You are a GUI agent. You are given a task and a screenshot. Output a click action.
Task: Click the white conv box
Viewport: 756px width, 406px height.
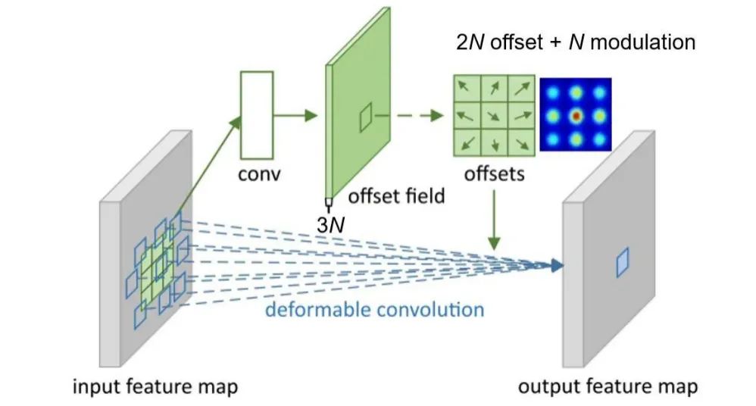pos(255,114)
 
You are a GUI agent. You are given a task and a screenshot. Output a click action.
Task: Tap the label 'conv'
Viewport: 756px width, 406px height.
pos(258,175)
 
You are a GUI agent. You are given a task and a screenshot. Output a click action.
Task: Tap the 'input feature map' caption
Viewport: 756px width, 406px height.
pos(155,387)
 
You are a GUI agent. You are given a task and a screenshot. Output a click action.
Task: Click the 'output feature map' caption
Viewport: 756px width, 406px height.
pos(608,387)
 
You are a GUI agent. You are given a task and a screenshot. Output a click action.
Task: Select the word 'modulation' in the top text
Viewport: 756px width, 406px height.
pos(642,42)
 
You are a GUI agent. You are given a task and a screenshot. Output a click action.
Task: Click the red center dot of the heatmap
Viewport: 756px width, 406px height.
pos(576,116)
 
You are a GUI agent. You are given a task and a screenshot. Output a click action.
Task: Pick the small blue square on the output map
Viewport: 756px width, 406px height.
pos(622,262)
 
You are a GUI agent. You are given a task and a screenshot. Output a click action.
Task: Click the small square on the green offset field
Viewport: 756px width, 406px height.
pos(365,117)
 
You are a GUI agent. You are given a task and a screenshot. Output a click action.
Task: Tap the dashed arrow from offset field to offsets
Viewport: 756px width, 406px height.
pos(409,115)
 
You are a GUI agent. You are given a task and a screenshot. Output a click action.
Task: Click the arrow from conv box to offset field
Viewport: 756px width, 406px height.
pos(295,115)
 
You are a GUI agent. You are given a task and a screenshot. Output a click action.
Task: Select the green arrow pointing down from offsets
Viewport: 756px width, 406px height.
pos(495,220)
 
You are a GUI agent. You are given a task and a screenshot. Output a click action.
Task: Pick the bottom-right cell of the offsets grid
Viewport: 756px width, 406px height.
pos(522,142)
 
